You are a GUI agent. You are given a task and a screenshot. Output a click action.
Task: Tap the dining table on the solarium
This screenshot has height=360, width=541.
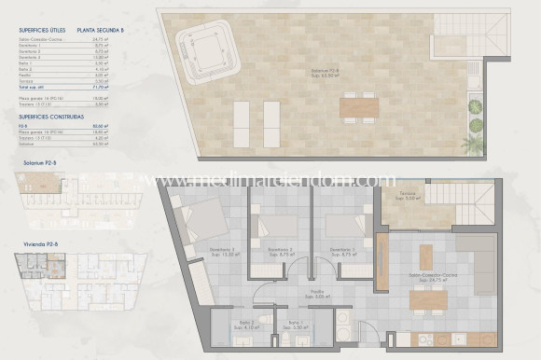click(355, 108)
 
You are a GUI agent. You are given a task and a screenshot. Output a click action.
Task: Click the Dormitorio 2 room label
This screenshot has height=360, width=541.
click(277, 250)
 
